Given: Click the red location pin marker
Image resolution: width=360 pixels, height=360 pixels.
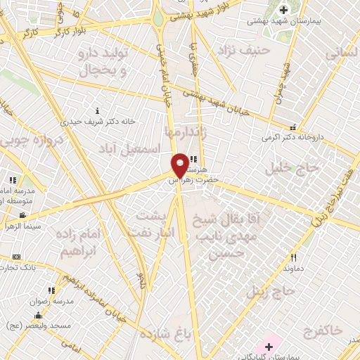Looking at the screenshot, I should pyautogui.click(x=180, y=165).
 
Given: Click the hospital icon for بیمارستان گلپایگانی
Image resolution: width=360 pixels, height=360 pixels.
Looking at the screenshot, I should pyautogui.click(x=269, y=347).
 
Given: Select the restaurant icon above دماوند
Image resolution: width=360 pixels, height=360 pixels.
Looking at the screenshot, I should pyautogui.click(x=293, y=257).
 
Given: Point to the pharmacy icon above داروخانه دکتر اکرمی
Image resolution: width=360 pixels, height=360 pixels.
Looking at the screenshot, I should pyautogui.click(x=292, y=127).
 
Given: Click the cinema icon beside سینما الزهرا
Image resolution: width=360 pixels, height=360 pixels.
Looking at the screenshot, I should pyautogui.click(x=22, y=215).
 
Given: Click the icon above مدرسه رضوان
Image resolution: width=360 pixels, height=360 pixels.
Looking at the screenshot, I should pyautogui.click(x=51, y=290).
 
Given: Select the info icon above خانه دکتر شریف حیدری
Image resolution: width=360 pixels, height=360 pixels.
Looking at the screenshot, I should pyautogui.click(x=97, y=110).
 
